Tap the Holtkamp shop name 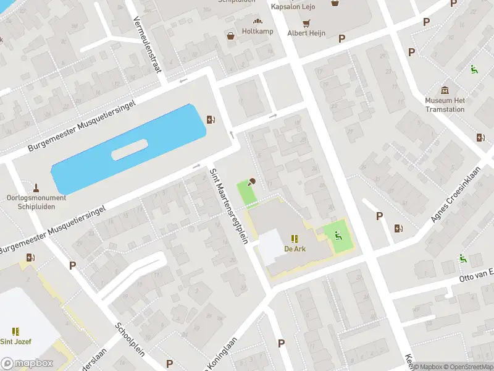pyautogui.click(x=257, y=31)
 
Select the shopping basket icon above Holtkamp pyautogui.click(x=231, y=36)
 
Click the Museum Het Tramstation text pyautogui.click(x=445, y=105)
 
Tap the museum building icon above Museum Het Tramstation pyautogui.click(x=445, y=90)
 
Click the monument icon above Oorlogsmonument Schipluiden pyautogui.click(x=36, y=187)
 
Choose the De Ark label pyautogui.click(x=295, y=249)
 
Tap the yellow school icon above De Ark pyautogui.click(x=295, y=238)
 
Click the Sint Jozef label pyautogui.click(x=15, y=341)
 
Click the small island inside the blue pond pyautogui.click(x=129, y=150)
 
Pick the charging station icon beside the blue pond pyautogui.click(x=211, y=120)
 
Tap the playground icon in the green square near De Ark pyautogui.click(x=338, y=235)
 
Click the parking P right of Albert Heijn pyautogui.click(x=341, y=38)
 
